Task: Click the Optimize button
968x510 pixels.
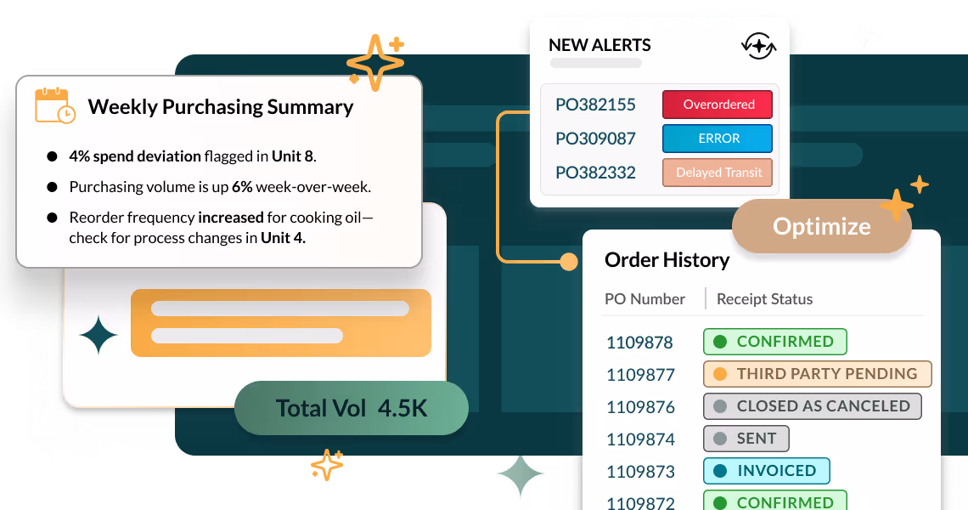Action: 821,227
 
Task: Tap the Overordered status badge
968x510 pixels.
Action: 718,105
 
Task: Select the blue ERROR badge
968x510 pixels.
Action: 718,139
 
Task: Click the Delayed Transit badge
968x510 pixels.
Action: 718,173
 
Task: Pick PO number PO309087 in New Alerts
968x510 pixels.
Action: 595,139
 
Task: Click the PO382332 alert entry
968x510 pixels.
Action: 595,173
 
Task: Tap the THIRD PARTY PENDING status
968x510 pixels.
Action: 817,374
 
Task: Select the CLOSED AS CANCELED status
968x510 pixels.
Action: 812,406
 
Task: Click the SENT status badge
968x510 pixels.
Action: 746,439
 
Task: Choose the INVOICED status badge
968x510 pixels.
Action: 766,471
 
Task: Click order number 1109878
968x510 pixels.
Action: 639,343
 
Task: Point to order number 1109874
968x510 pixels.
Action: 639,439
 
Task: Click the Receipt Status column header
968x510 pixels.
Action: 764,299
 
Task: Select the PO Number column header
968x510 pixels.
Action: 644,299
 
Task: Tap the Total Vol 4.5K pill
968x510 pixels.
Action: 351,409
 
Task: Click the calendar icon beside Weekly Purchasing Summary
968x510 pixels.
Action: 54,106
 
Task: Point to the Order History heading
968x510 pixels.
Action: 667,260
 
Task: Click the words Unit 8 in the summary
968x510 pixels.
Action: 292,156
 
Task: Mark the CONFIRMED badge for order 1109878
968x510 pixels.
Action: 774,342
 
